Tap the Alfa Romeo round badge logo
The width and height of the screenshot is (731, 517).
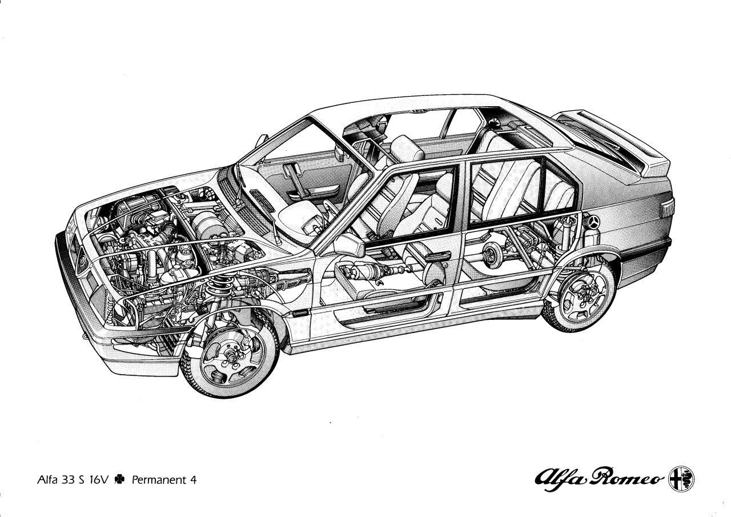681,479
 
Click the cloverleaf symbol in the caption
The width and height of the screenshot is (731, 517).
119,479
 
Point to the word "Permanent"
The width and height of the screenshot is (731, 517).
158,480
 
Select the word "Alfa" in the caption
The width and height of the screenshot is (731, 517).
48,480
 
